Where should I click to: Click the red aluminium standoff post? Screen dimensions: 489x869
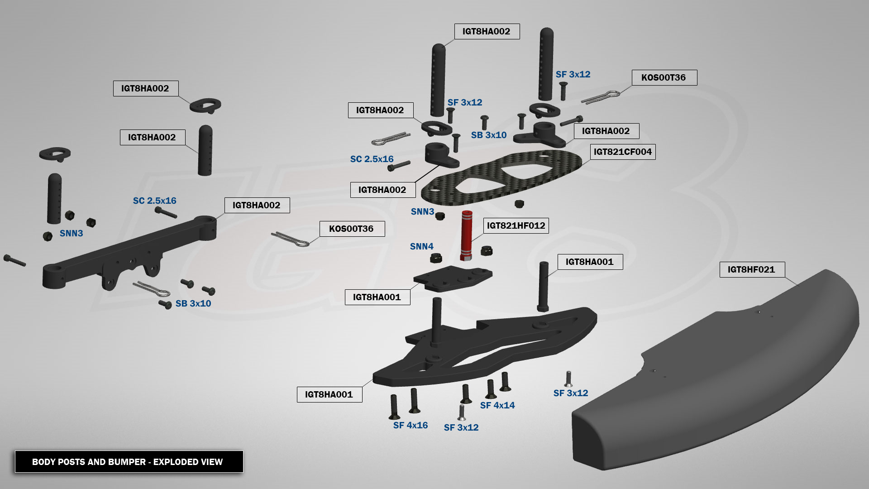pos(466,235)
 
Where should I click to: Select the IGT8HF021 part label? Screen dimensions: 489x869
pos(752,270)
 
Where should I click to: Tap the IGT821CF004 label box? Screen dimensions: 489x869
pos(622,152)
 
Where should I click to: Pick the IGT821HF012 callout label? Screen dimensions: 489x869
pos(516,225)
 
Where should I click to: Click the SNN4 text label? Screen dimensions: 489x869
pos(421,247)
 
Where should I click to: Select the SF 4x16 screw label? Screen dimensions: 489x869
pos(410,426)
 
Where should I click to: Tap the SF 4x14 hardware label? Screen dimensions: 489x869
pos(497,406)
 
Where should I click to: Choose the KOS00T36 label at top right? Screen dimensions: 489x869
pos(664,77)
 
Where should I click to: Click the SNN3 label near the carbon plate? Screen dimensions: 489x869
pos(422,212)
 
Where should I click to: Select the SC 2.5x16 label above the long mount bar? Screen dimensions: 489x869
pos(154,201)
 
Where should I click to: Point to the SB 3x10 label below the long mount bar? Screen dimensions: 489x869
pos(193,304)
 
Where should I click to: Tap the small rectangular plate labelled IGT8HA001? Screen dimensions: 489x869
pos(453,278)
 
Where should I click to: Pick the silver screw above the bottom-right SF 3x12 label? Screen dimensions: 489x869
pos(568,379)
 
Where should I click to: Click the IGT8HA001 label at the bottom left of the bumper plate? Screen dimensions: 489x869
pos(329,395)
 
